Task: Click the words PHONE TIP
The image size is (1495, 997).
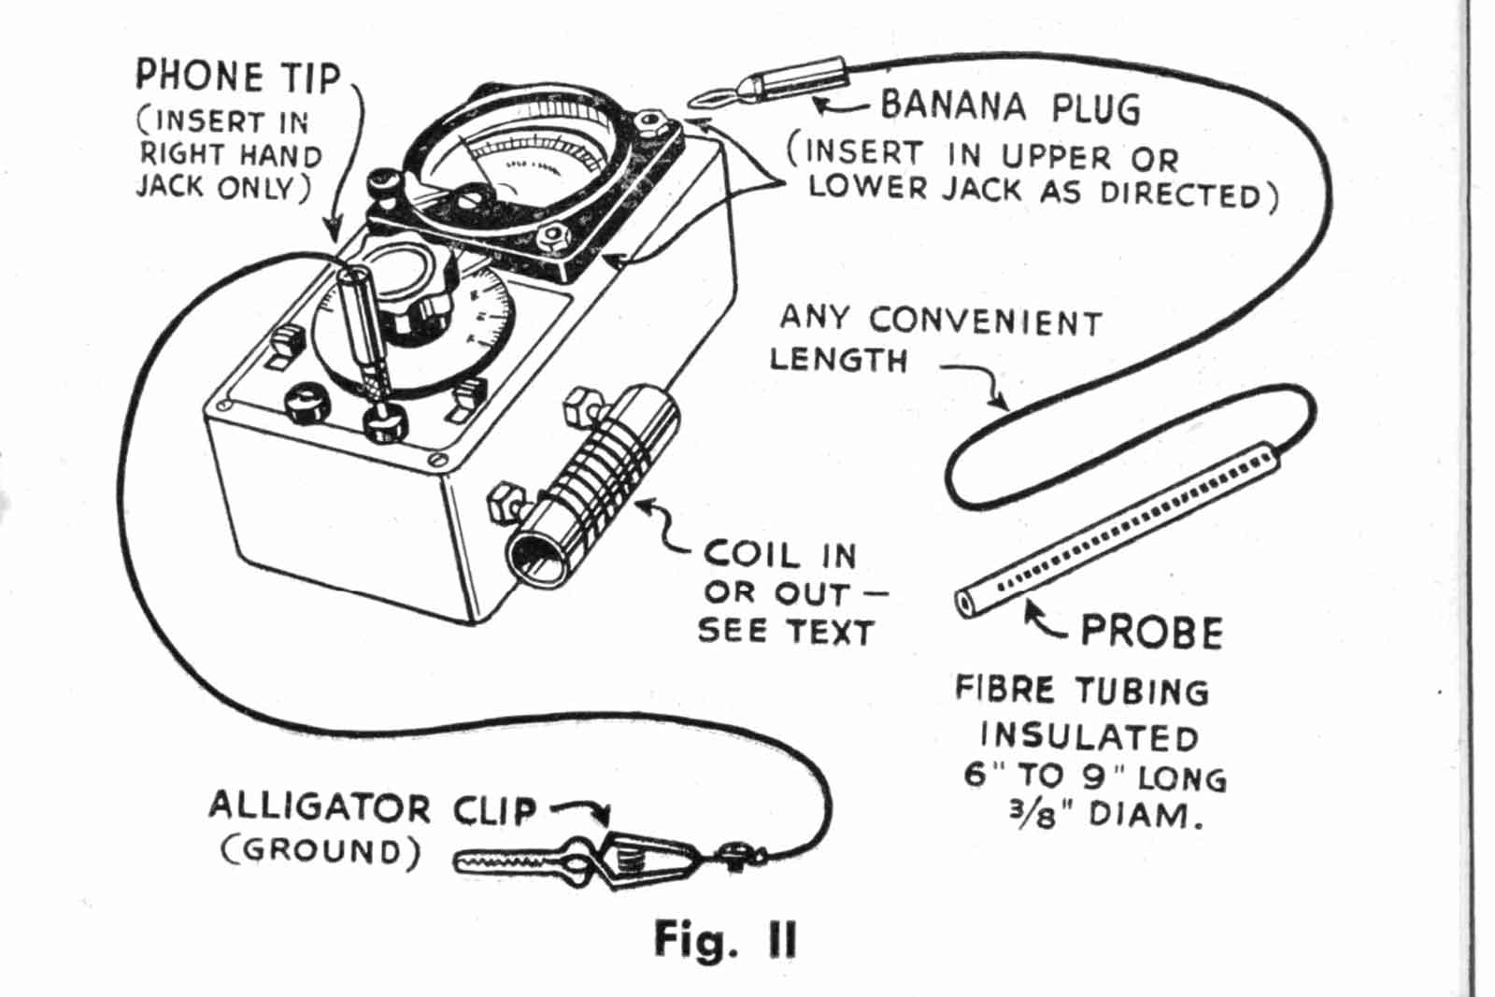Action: (x=238, y=77)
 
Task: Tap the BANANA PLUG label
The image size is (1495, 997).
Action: (x=1010, y=107)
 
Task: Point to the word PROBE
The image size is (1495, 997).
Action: (x=1151, y=633)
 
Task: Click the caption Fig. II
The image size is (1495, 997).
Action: (x=725, y=940)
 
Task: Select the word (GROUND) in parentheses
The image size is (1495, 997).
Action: (x=320, y=851)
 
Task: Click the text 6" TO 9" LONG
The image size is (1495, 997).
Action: (x=1094, y=776)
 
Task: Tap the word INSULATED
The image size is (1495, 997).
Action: (x=1089, y=736)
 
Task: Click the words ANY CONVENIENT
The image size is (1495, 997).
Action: (x=940, y=320)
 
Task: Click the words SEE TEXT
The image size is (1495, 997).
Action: (x=786, y=632)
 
